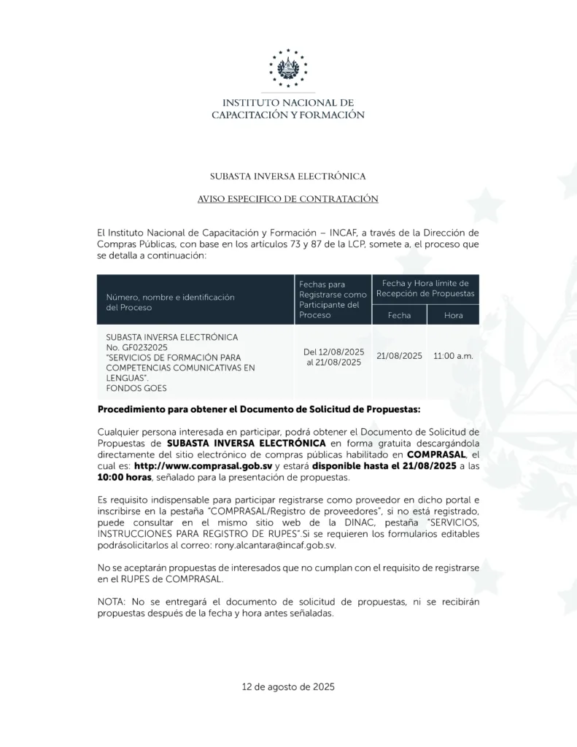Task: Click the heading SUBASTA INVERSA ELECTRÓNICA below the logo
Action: [288, 176]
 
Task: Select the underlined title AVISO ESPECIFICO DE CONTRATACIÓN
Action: [288, 198]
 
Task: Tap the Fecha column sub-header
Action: [399, 315]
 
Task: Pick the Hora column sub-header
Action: [453, 315]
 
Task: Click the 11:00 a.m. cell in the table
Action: [453, 356]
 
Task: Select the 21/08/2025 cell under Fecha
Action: [399, 356]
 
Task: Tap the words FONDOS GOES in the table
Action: [136, 388]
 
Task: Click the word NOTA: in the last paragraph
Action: [112, 603]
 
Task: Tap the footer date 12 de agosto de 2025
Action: [288, 686]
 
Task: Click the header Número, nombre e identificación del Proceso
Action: [171, 302]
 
